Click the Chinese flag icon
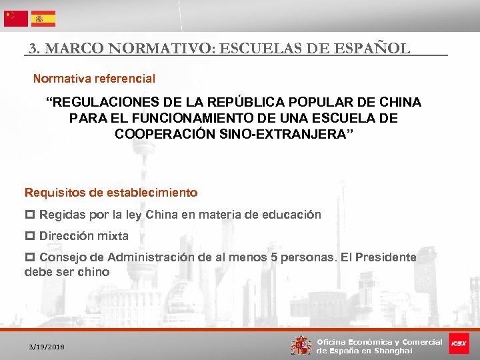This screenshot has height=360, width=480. [16, 18]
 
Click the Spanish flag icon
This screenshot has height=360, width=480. [43, 18]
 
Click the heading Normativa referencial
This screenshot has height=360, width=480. [94, 79]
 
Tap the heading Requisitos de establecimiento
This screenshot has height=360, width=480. [111, 193]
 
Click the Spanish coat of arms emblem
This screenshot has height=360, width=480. [301, 344]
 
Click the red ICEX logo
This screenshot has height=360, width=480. [459, 343]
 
